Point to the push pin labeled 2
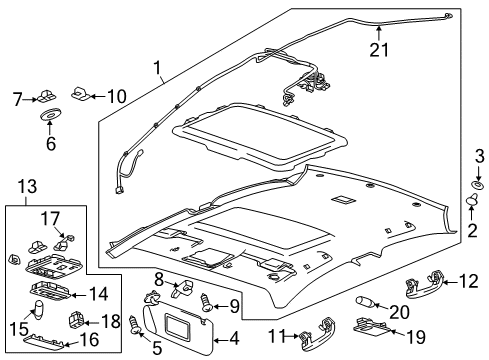click(473, 231)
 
